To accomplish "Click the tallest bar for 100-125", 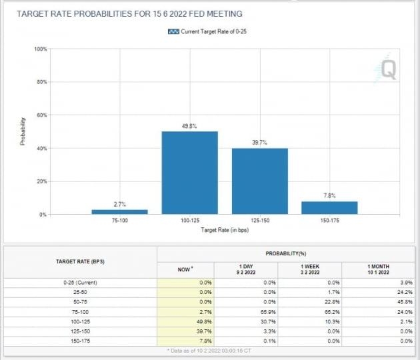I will [189, 173].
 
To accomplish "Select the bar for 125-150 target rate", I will [259, 181].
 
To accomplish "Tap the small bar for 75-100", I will [119, 211].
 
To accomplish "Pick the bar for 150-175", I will [329, 207].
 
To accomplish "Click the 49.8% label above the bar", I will [189, 125].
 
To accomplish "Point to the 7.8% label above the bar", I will [329, 195].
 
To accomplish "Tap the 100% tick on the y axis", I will [40, 49].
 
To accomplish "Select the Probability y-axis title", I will [23, 131].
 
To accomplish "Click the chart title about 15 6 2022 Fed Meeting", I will [129, 13].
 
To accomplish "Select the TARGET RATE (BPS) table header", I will [79, 261].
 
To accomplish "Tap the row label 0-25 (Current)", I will [79, 283].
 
